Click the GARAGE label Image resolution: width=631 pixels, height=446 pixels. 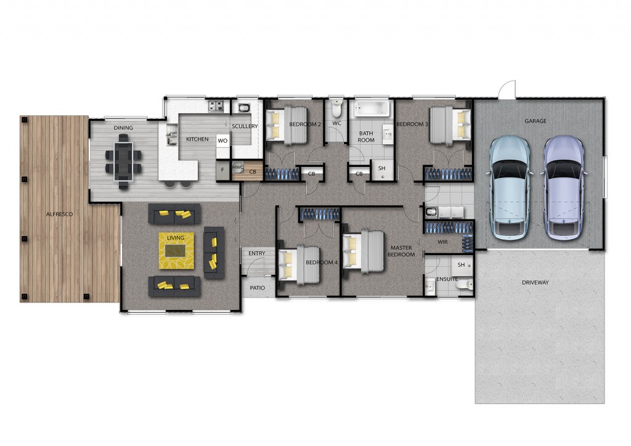(535, 121)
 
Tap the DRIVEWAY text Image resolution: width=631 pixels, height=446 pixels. (535, 282)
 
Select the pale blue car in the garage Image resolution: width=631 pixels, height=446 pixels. (510, 188)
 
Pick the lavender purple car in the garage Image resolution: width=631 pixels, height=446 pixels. (564, 188)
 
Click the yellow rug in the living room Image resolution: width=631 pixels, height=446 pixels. (176, 251)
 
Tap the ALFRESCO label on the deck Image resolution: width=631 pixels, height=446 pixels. (59, 214)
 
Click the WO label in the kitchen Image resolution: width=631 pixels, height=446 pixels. (222, 140)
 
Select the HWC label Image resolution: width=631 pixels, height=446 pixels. (238, 168)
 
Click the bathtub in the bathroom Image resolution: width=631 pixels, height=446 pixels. (372, 108)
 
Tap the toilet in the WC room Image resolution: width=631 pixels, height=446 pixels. (337, 108)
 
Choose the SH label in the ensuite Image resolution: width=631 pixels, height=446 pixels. (461, 265)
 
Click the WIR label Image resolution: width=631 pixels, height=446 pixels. (442, 242)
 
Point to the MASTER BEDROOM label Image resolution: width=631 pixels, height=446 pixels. (401, 251)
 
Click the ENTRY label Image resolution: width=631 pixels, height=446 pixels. (257, 253)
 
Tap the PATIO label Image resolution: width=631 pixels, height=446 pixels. (258, 288)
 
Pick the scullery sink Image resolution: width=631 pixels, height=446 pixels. (244, 108)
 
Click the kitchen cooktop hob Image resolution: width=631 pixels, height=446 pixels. (216, 107)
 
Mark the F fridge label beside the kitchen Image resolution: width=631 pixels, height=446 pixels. (222, 170)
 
